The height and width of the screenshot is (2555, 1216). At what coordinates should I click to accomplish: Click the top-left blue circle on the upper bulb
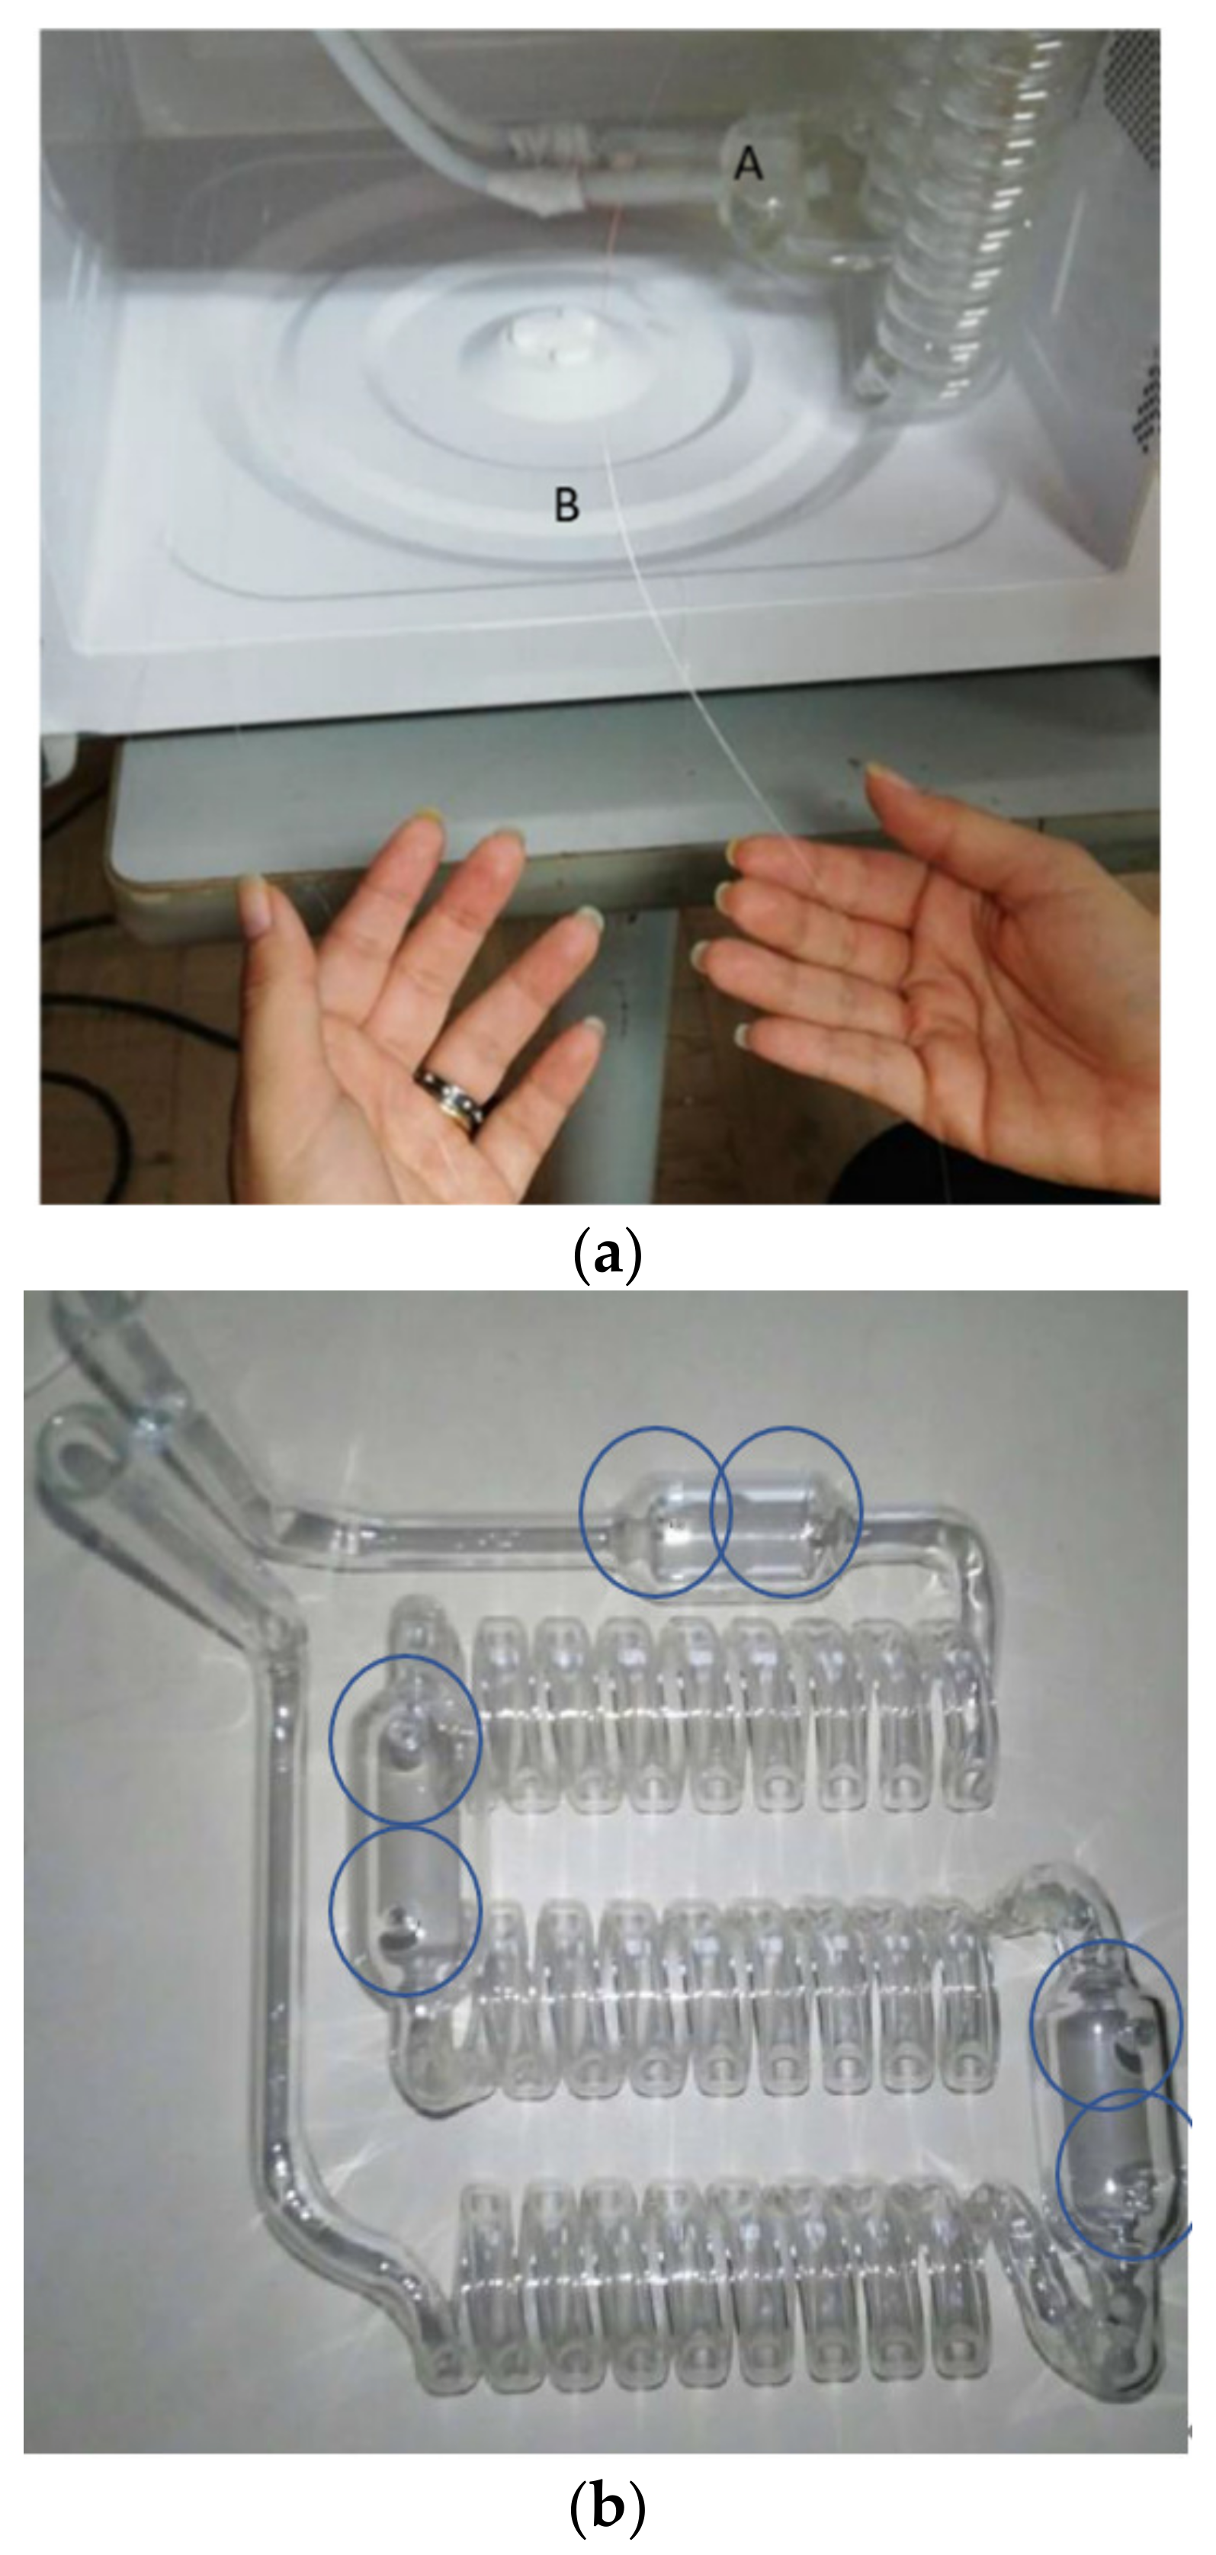pos(656,1512)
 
